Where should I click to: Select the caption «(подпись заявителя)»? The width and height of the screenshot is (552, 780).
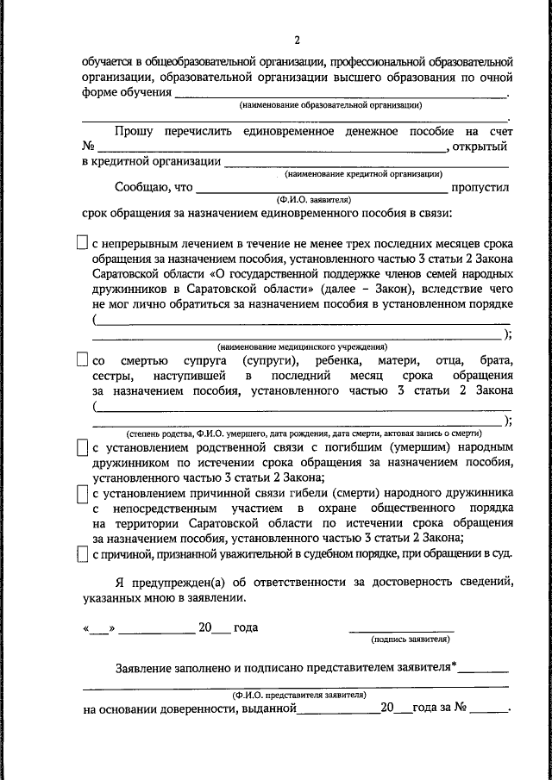click(x=409, y=640)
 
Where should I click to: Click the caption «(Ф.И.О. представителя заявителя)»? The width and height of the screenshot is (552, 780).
click(x=298, y=693)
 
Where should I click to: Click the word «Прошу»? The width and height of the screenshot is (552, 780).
click(x=134, y=131)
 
